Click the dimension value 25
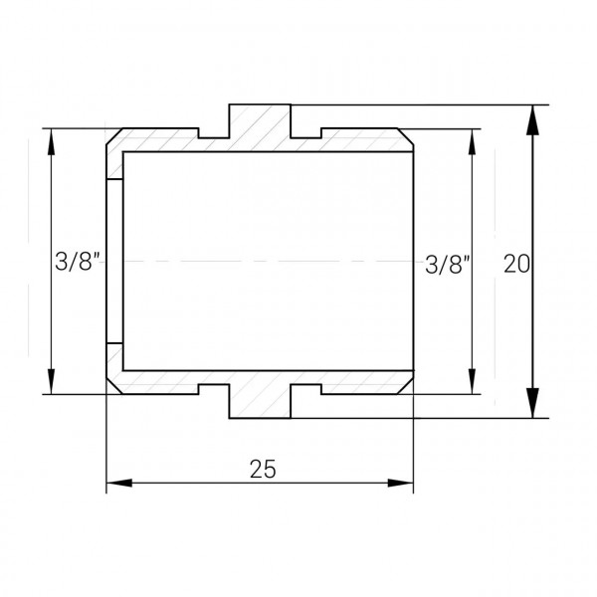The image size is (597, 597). point(263,469)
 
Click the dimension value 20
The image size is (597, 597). point(516,264)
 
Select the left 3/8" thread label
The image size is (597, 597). point(78,261)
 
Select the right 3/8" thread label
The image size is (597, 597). point(448,265)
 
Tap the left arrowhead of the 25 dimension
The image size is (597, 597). point(119,483)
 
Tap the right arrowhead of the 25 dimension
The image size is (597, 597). point(401,483)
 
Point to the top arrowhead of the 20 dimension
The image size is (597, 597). point(532,120)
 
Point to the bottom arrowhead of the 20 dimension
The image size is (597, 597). point(532,403)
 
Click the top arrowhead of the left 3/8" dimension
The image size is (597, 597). point(51,141)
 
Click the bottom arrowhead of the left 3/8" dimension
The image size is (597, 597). point(51,381)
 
